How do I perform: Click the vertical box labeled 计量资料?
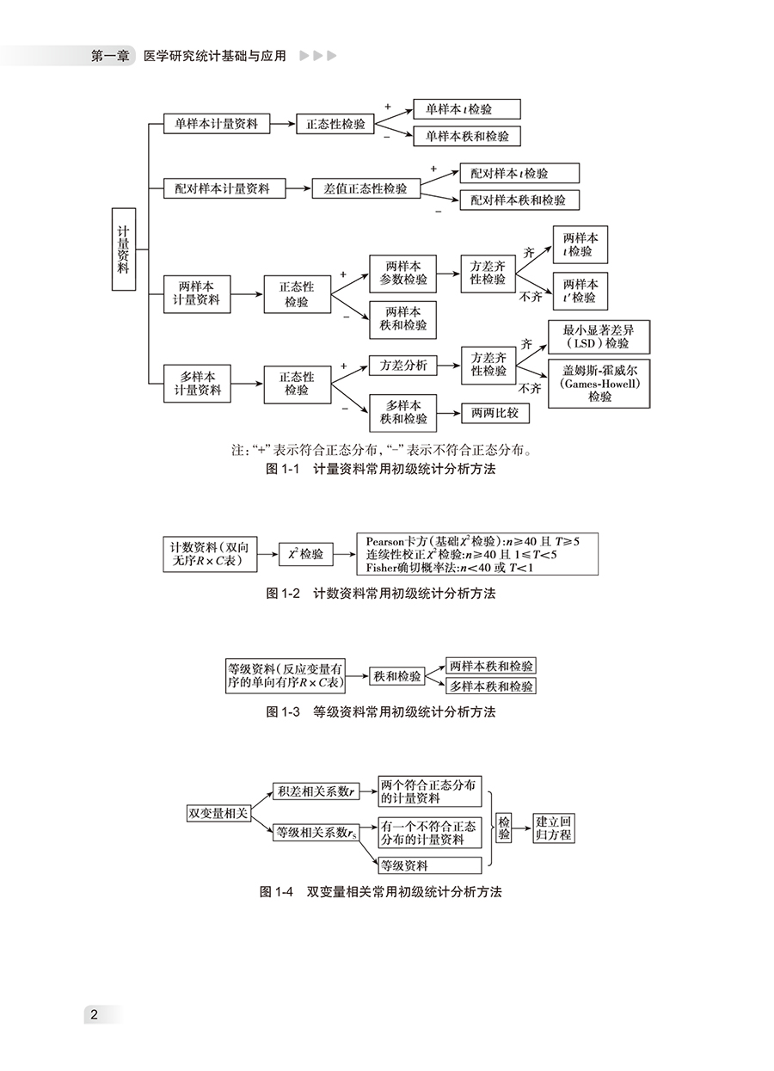pos(123,249)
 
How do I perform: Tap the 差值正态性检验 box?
pos(365,188)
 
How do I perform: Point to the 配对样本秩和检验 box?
pos(519,200)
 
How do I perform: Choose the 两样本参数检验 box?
pos(402,272)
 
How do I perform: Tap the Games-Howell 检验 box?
pos(599,382)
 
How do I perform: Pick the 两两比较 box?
pos(494,413)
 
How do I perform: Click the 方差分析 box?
pos(402,366)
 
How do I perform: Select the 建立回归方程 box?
pos(554,828)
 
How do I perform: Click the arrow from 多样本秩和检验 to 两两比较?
pos(448,413)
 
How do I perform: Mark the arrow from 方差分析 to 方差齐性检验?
pos(448,366)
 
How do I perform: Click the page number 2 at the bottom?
pos(95,1015)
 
